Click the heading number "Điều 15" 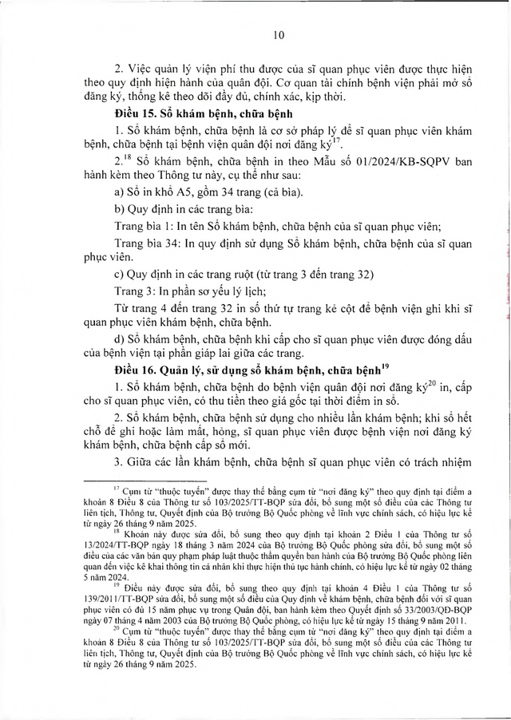point(137,113)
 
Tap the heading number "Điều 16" point(137,369)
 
